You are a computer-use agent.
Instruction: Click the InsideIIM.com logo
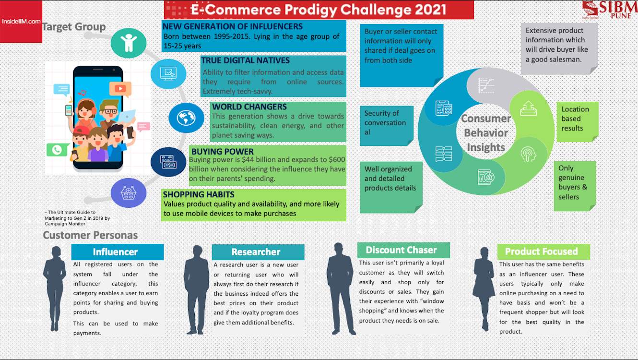point(21,22)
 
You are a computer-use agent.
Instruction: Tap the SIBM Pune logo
point(609,10)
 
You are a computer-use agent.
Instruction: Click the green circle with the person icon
point(129,43)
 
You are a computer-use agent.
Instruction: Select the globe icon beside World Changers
point(186,118)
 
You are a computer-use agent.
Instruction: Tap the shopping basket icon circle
point(129,193)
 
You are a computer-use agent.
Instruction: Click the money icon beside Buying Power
point(168,162)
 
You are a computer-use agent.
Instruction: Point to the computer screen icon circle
point(168,74)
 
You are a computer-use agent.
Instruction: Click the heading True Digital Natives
point(245,60)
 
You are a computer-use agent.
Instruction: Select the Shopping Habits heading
point(199,194)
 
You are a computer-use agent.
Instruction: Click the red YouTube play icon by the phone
point(120,89)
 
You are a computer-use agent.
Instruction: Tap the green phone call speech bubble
point(58,150)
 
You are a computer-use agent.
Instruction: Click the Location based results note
point(578,122)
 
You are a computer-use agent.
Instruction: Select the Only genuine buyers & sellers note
point(575,186)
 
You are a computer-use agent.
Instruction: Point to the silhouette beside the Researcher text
point(196,289)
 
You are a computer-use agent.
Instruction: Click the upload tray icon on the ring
point(528,108)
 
